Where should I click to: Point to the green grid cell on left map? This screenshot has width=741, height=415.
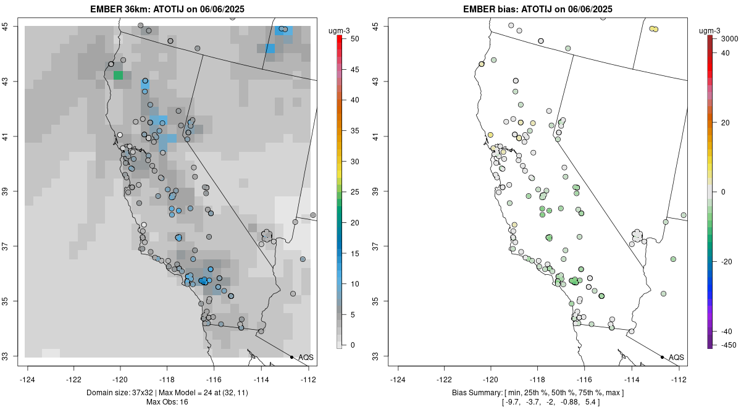[118, 75]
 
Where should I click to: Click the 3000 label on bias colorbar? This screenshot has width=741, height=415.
[730, 39]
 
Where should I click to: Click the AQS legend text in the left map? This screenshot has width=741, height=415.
[306, 358]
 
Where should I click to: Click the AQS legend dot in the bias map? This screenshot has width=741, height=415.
[661, 358]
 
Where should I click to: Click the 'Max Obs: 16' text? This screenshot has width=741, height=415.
[167, 402]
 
